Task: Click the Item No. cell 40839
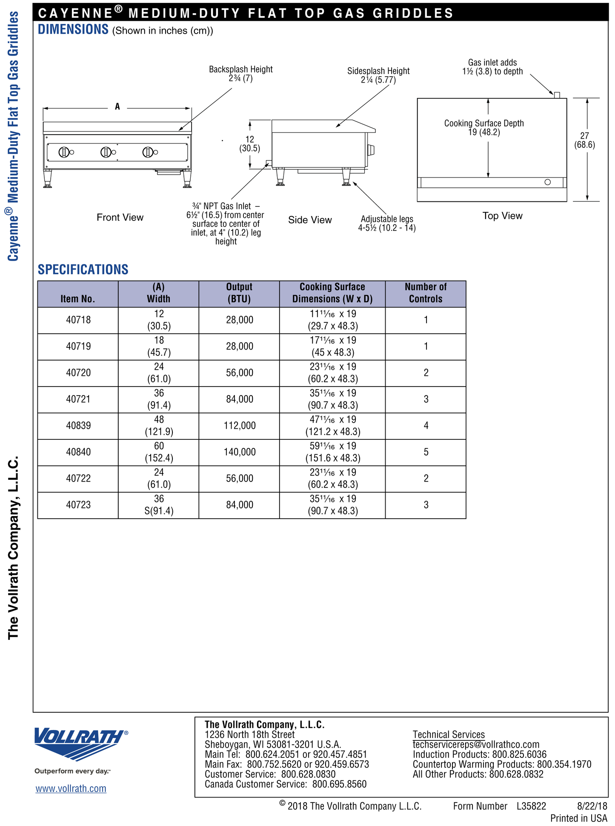click(x=78, y=425)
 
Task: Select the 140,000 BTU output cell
click(x=240, y=452)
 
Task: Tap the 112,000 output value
click(x=240, y=425)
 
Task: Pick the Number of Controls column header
click(x=426, y=293)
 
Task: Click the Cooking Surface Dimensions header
click(x=332, y=293)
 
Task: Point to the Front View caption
click(x=120, y=218)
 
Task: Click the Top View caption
click(x=502, y=216)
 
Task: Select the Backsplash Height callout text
click(x=241, y=74)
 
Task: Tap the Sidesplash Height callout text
click(x=378, y=75)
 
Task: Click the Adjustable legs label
click(x=387, y=223)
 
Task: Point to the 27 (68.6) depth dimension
click(x=584, y=140)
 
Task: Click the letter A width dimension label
click(x=117, y=107)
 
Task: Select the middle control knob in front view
click(x=106, y=152)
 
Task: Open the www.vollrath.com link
click(x=71, y=789)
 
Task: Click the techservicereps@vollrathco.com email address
click(x=476, y=744)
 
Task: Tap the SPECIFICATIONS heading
click(x=83, y=270)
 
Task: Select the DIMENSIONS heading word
click(x=73, y=29)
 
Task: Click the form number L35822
click(x=531, y=806)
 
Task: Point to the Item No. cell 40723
click(x=78, y=505)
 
